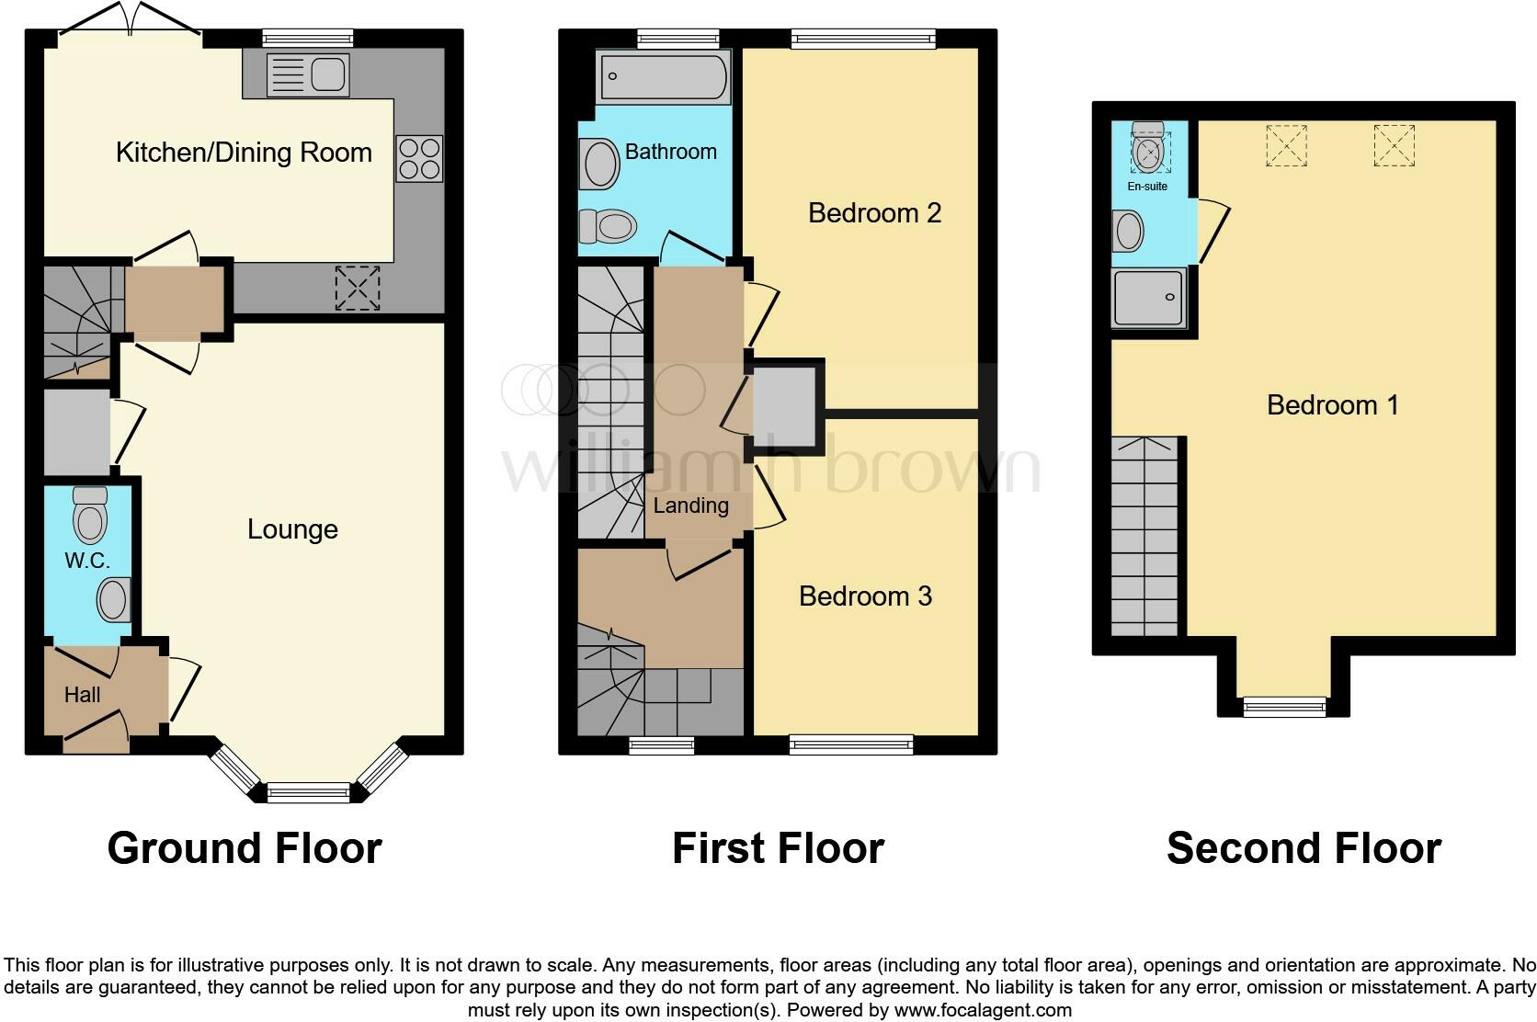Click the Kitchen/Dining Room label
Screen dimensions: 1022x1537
pos(244,153)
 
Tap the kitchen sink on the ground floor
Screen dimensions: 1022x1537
pos(308,74)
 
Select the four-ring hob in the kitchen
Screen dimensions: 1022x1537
pos(420,158)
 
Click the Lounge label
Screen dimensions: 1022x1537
pos(292,529)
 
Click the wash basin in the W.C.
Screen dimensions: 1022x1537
pos(113,600)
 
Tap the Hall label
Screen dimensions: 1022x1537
pos(82,695)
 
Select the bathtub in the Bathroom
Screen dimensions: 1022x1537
pos(663,76)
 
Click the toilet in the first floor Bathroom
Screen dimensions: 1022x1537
pos(609,225)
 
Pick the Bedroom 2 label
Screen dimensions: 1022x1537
pos(874,213)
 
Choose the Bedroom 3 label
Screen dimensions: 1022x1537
pos(865,596)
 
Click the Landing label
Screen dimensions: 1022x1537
pos(690,505)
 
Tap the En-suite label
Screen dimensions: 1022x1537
pos(1147,187)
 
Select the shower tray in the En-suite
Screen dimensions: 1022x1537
pos(1148,298)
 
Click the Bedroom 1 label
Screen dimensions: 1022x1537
pos(1332,405)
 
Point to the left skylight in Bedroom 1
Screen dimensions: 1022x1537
pos(1286,145)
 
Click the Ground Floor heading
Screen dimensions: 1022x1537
pos(245,848)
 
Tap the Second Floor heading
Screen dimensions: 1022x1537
pos(1304,848)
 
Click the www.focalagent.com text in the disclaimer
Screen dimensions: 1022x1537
pos(983,1010)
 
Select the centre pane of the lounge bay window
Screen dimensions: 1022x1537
pos(309,791)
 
